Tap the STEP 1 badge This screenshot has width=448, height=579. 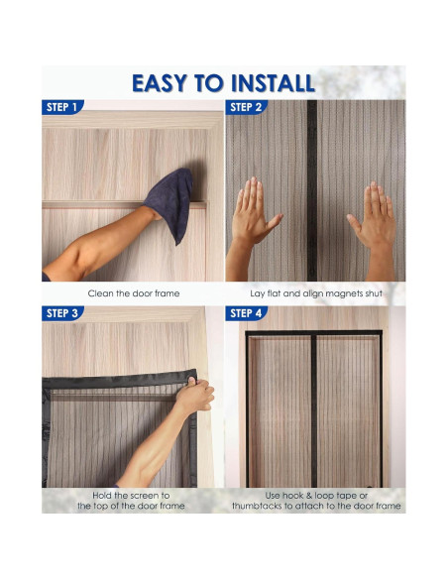coord(61,107)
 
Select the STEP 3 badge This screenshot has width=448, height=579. coord(61,313)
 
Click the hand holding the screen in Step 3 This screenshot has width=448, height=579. coord(194,394)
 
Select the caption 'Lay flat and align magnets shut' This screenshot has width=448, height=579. coord(315,294)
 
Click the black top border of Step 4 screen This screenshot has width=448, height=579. coord(313,335)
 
